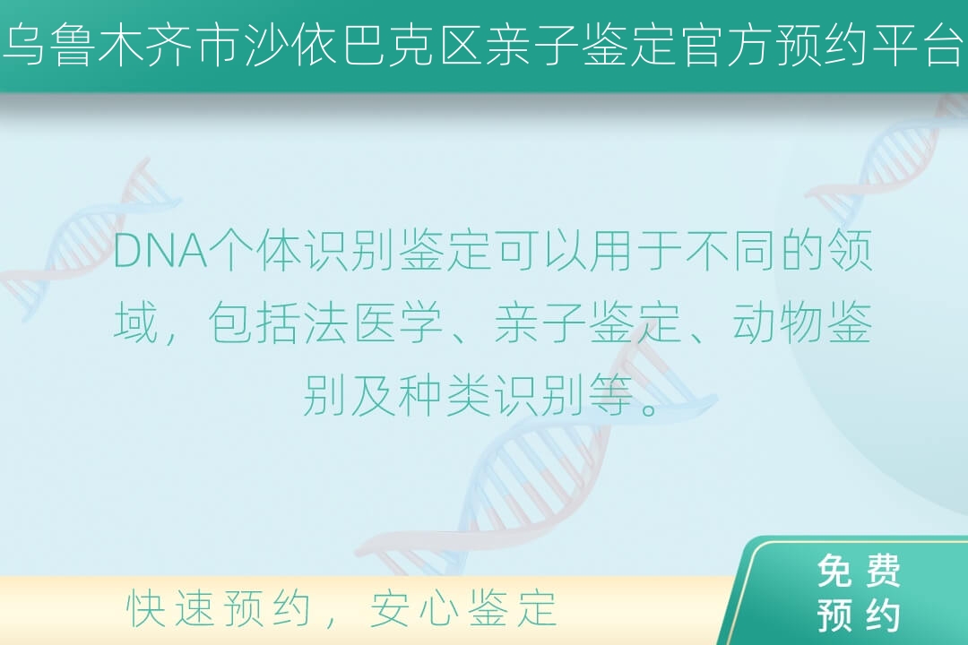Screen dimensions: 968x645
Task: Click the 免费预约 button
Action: pos(857,593)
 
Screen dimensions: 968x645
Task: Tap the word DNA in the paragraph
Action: pos(160,251)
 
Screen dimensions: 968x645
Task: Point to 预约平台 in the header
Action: pos(868,46)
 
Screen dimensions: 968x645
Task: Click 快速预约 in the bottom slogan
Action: pos(219,608)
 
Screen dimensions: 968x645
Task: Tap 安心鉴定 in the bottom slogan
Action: pos(463,608)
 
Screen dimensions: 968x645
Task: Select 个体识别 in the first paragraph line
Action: pos(302,251)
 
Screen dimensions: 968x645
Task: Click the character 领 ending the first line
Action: pos(850,251)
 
